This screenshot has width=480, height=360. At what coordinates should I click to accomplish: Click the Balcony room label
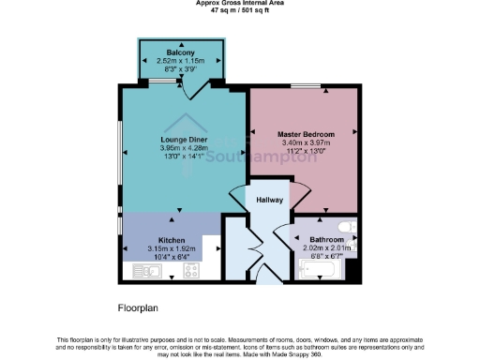[x=180, y=52]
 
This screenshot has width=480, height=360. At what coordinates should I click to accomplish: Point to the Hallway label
[x=258, y=200]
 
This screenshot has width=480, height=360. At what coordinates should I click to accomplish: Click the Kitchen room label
[x=171, y=240]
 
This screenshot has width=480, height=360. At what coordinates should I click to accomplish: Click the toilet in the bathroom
[x=346, y=225]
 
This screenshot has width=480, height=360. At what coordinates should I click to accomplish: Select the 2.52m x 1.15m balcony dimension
[x=180, y=60]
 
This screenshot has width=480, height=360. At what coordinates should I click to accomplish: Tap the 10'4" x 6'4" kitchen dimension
[x=171, y=257]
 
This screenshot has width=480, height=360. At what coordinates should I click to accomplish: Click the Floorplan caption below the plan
[x=141, y=307]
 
